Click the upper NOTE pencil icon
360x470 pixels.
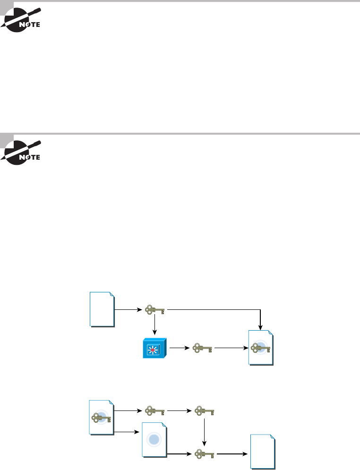click(22, 19)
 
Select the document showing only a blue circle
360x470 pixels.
click(154, 440)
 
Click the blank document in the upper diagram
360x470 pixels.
click(102, 309)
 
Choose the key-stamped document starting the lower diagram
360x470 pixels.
click(102, 418)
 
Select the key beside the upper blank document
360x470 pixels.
click(155, 310)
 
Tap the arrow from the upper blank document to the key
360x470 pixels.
click(129, 310)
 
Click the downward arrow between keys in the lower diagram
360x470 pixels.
click(204, 431)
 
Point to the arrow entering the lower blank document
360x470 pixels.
click(231, 454)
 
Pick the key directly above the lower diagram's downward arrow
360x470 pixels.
click(204, 411)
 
